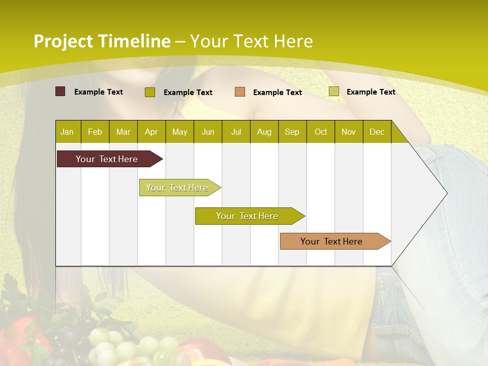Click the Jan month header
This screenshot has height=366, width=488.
click(x=67, y=132)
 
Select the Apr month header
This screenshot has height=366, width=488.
click(x=151, y=132)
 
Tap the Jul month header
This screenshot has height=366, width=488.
click(x=236, y=132)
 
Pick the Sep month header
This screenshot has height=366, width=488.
click(x=292, y=132)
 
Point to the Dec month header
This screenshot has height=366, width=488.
click(x=377, y=132)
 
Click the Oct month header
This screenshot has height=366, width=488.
click(x=320, y=132)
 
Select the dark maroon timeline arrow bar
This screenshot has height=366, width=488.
click(x=107, y=159)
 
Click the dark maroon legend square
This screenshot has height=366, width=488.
click(x=60, y=91)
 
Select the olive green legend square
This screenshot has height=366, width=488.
click(x=149, y=92)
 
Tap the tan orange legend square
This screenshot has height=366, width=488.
click(x=239, y=92)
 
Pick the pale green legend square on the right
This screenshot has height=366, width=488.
click(x=333, y=91)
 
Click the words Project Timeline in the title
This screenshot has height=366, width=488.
click(x=102, y=41)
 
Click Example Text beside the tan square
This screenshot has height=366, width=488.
click(x=277, y=93)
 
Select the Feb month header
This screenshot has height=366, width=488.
click(x=95, y=132)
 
